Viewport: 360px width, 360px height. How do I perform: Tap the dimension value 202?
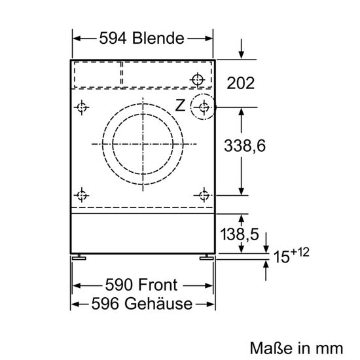click(240, 83)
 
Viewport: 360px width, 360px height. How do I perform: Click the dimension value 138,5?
click(239, 233)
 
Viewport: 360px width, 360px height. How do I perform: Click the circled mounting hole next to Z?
click(205, 107)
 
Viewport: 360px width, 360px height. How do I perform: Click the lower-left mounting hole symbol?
click(82, 195)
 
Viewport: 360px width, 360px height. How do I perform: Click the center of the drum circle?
click(143, 143)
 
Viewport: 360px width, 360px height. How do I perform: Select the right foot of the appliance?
click(206, 257)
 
